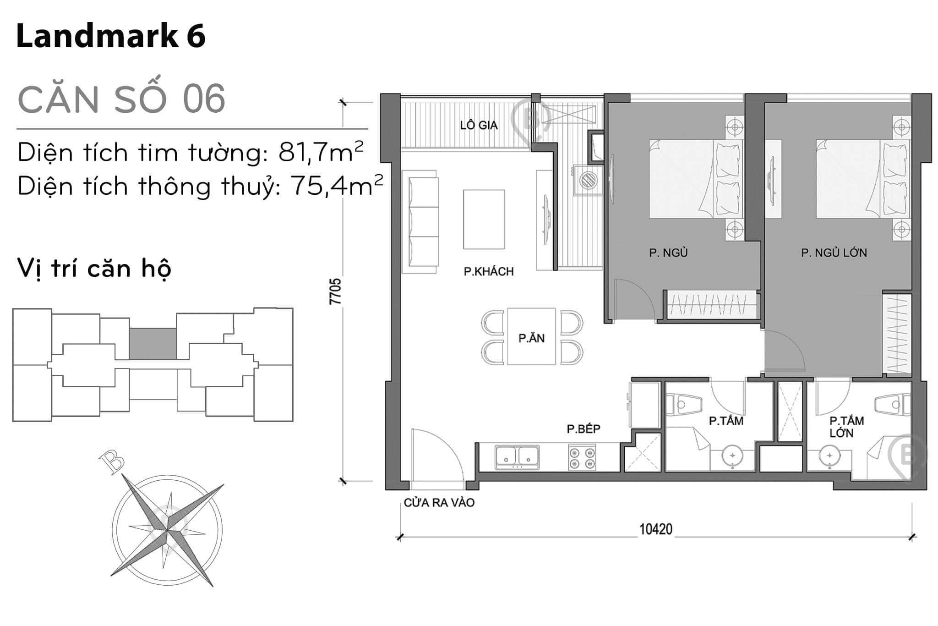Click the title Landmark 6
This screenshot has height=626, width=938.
[x=111, y=36]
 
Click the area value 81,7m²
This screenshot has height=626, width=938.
[x=321, y=153]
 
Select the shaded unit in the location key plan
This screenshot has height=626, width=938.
[x=153, y=344]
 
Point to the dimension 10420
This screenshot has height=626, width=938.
[x=655, y=529]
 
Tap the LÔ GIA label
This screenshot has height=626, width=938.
[x=479, y=125]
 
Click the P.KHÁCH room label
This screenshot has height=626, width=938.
[x=489, y=271]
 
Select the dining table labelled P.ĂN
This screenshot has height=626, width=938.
[x=531, y=337]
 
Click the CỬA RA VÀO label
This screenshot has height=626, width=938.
[x=439, y=503]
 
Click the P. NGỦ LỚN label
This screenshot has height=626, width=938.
[x=834, y=253]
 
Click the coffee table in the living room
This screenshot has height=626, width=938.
[x=484, y=220]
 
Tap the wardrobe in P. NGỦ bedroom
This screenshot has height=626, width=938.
[x=711, y=304]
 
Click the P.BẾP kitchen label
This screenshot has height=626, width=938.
[x=583, y=428]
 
